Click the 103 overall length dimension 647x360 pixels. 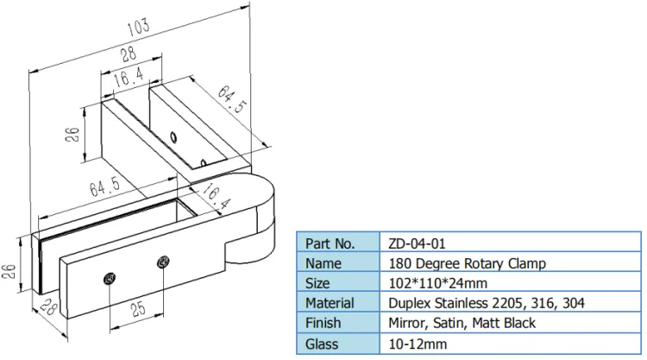point(139,26)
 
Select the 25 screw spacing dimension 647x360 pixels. point(136,307)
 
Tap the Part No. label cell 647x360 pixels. point(330,243)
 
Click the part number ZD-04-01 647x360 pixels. point(418,243)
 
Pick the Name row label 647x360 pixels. point(324,263)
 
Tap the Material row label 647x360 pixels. point(330,303)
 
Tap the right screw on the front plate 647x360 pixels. point(162,262)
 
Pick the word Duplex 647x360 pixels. point(411,303)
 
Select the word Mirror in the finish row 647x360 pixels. point(410,323)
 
